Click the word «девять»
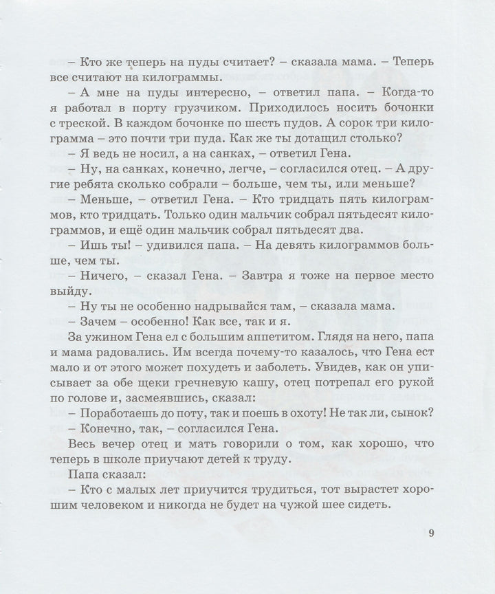click(x=287, y=246)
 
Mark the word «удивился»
click(x=164, y=246)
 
